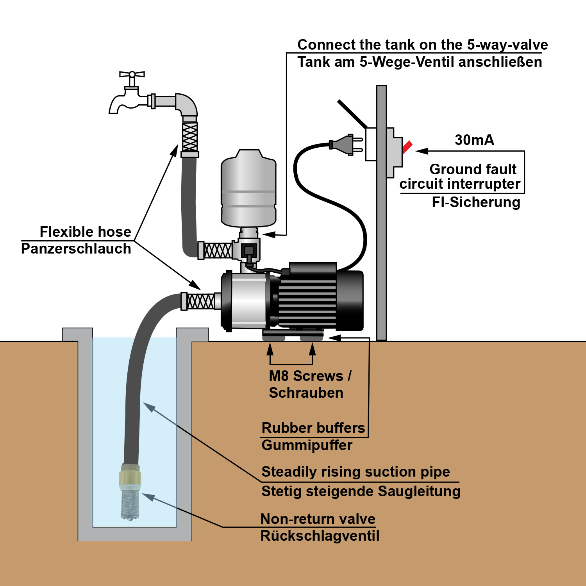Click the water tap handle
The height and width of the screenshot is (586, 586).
(132, 74)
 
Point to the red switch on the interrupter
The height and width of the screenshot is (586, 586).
(407, 147)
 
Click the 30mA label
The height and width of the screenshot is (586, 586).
(474, 140)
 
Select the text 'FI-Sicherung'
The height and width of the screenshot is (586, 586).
(476, 202)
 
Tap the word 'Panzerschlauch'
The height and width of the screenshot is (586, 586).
(76, 249)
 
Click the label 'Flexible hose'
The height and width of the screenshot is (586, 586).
(85, 232)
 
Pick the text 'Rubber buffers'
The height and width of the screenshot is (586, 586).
(313, 428)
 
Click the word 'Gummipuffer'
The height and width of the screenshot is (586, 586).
(307, 445)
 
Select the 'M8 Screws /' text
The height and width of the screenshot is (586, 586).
(310, 376)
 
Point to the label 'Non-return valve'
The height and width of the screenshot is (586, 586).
(318, 519)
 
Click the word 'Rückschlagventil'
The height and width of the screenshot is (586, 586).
(320, 536)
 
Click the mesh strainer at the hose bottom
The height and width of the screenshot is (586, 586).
(130, 504)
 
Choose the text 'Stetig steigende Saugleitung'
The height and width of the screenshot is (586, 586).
(361, 491)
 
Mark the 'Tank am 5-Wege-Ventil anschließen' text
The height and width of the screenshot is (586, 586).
(420, 62)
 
